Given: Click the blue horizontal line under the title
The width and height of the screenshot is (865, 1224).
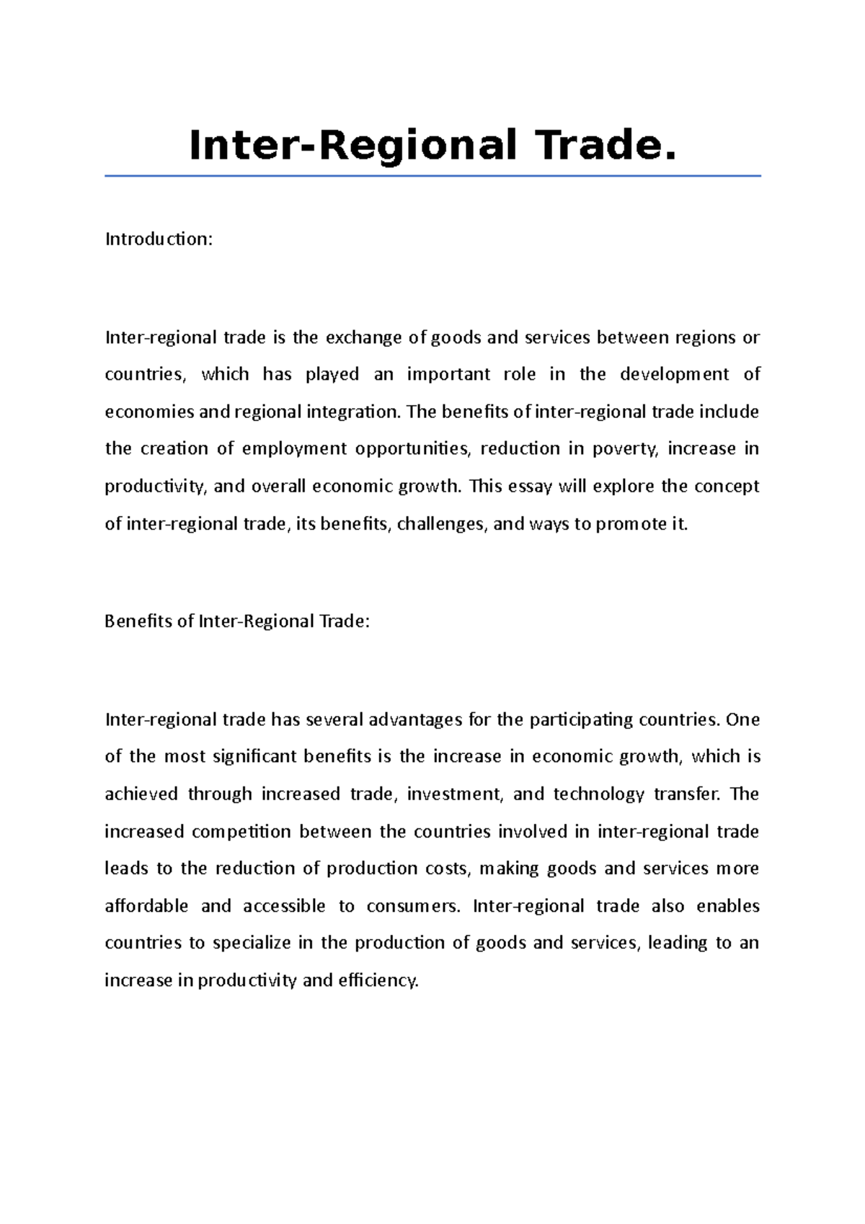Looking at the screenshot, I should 432,175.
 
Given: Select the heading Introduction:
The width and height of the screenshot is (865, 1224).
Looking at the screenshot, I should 159,239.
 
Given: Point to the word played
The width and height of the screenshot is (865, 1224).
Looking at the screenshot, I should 332,374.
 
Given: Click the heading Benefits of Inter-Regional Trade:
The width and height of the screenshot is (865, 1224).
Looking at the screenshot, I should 236,621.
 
